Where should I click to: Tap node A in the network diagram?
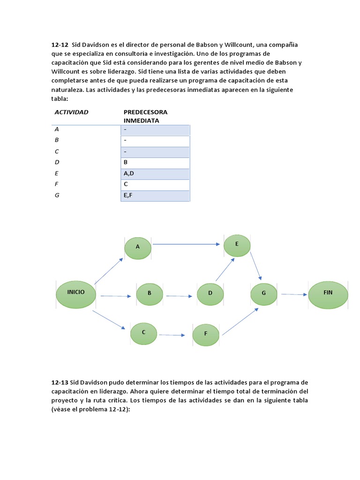pos(138,247)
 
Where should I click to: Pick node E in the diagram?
pos(237,245)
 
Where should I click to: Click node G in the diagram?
pos(264,294)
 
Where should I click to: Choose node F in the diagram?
pos(206,335)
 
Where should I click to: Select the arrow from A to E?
pos(186,244)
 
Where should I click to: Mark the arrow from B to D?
pos(179,296)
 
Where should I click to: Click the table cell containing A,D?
pos(155,173)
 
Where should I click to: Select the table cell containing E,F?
pos(155,195)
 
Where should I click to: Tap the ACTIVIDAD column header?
pos(71,112)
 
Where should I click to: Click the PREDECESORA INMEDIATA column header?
pos(145,116)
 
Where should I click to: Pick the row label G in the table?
pos(57,195)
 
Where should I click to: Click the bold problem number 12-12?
pos(60,45)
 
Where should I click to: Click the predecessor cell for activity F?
pos(155,185)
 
